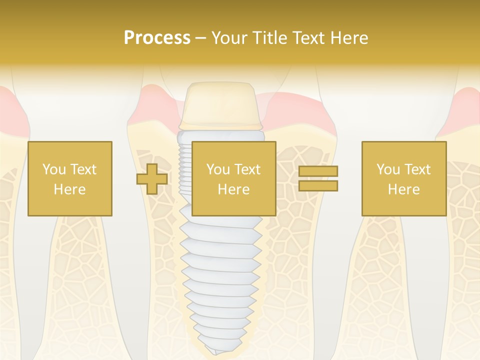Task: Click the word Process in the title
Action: [157, 38]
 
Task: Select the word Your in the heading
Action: [228, 38]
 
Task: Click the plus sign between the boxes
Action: [152, 178]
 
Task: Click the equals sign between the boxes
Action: [318, 178]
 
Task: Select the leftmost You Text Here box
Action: [69, 178]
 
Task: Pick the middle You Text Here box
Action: [233, 178]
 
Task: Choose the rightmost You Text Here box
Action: [403, 178]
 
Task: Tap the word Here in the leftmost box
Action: [69, 189]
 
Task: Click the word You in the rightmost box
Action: [388, 169]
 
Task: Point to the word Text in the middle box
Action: [247, 169]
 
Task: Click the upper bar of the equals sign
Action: [318, 171]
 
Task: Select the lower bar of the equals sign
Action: [318, 185]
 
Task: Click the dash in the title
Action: [200, 38]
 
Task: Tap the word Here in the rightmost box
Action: [403, 189]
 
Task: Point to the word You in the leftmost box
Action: [54, 169]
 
